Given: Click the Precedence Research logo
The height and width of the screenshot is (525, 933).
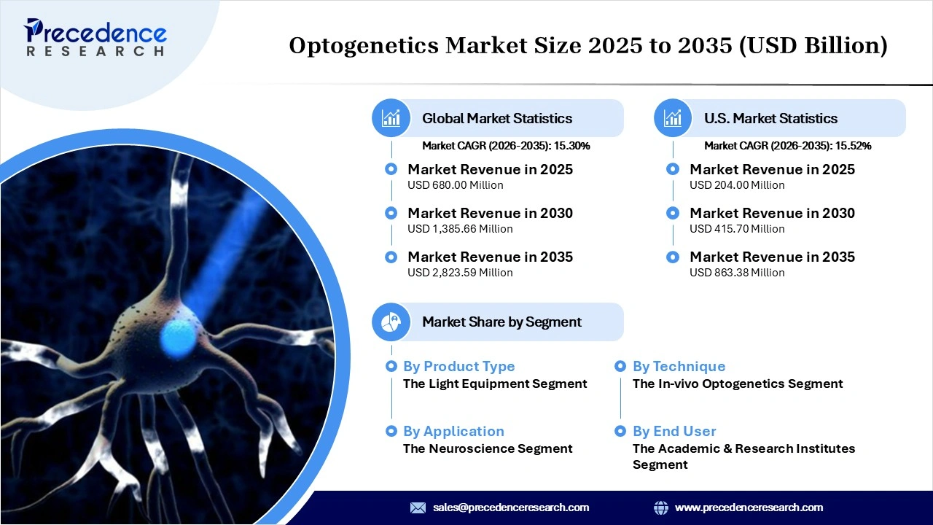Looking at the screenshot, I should point(95,38).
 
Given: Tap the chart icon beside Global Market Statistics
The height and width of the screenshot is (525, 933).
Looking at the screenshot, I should point(391,118).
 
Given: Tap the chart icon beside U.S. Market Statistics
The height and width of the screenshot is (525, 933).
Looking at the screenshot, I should point(673,118).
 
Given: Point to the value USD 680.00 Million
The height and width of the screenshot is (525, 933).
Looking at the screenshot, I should point(455,185).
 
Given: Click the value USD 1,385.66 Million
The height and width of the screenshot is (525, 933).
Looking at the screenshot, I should point(460,229).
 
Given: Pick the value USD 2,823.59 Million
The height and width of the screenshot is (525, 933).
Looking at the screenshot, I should point(460,273).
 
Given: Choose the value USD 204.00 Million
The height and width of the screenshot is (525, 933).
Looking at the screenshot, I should point(737,185).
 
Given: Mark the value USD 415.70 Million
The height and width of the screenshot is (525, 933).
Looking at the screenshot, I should point(737,229).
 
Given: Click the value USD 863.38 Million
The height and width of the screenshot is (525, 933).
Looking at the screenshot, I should point(737,273).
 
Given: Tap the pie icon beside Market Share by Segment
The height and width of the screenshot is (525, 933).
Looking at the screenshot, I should point(391,322).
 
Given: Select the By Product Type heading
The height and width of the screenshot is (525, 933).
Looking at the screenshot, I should point(458,367).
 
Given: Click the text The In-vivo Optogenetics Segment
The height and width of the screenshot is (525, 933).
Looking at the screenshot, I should point(737,384).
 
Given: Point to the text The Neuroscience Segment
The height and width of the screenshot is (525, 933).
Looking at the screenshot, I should point(488,448).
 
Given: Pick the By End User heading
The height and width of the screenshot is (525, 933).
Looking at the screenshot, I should point(674,432).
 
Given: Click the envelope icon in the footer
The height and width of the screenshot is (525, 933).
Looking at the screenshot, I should point(418,507).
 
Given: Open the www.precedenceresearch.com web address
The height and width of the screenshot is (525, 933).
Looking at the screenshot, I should point(749,507).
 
